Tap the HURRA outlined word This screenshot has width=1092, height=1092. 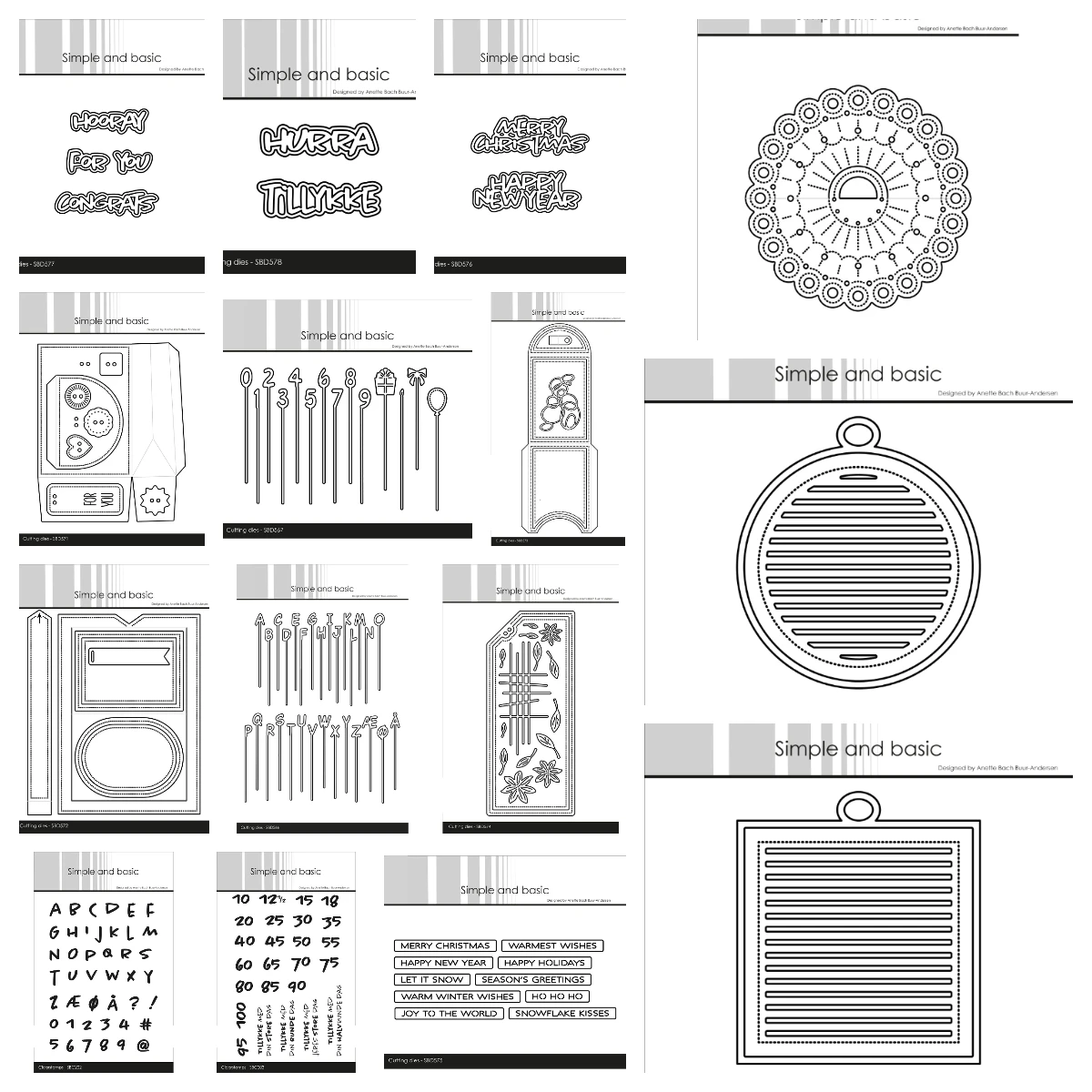click(318, 140)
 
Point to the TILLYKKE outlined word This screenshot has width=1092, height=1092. click(318, 197)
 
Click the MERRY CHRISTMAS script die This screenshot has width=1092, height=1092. click(530, 136)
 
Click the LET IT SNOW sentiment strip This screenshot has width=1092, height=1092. click(432, 979)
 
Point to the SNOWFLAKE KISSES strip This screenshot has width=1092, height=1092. click(561, 1013)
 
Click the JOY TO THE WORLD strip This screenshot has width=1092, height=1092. click(449, 1013)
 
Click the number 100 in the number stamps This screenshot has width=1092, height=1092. click(240, 1014)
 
